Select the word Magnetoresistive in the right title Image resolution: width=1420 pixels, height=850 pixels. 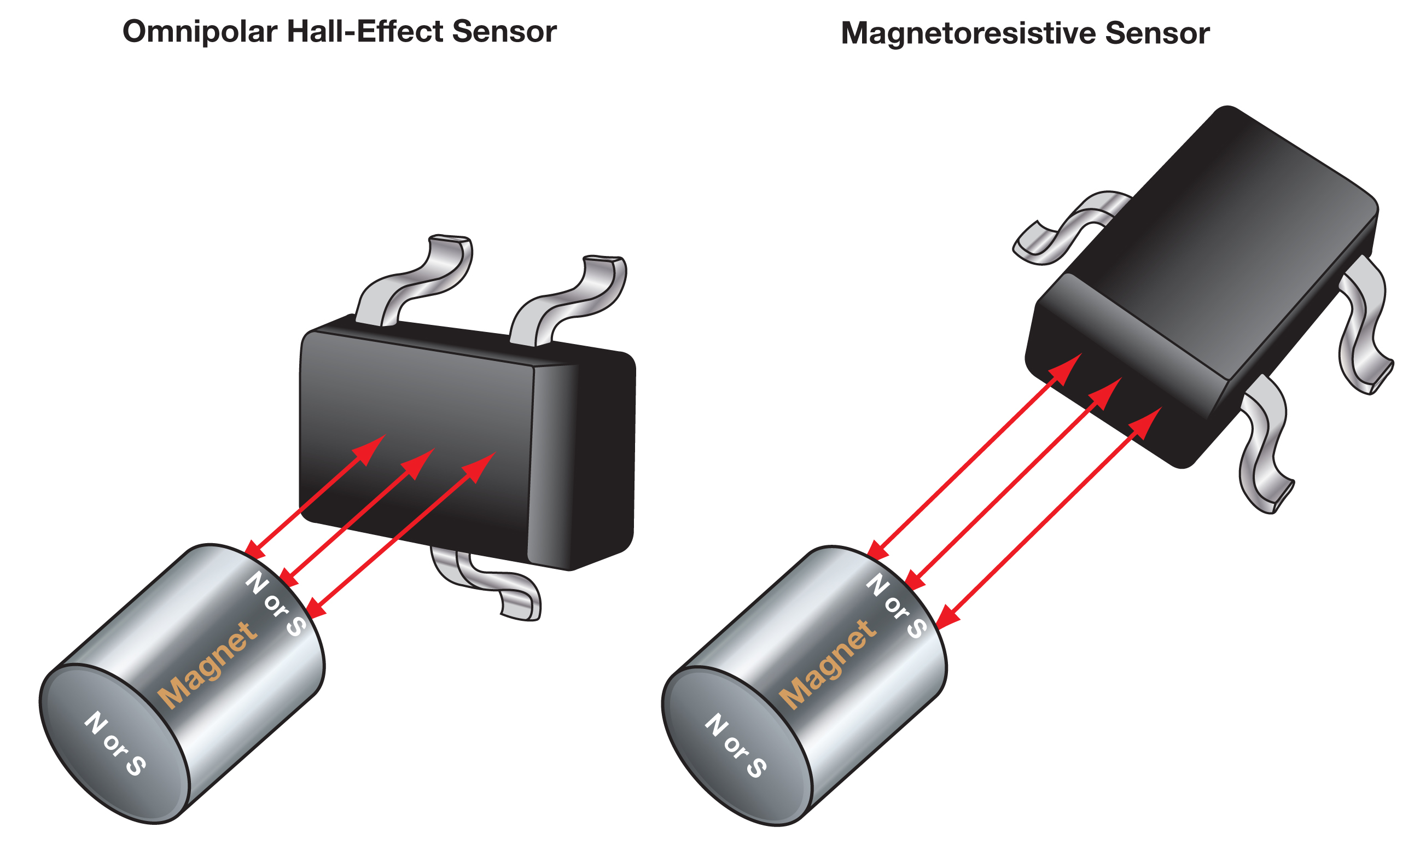(x=968, y=33)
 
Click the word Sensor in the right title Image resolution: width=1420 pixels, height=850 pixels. (x=1157, y=33)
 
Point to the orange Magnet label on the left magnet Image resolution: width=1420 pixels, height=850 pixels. (x=207, y=665)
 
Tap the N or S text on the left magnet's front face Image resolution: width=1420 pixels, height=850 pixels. (x=115, y=743)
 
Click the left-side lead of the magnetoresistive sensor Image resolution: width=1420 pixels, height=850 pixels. (x=1066, y=229)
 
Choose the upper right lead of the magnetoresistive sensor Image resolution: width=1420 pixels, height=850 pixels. (x=1363, y=327)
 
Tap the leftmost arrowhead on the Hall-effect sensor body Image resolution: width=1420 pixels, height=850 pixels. (x=371, y=448)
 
